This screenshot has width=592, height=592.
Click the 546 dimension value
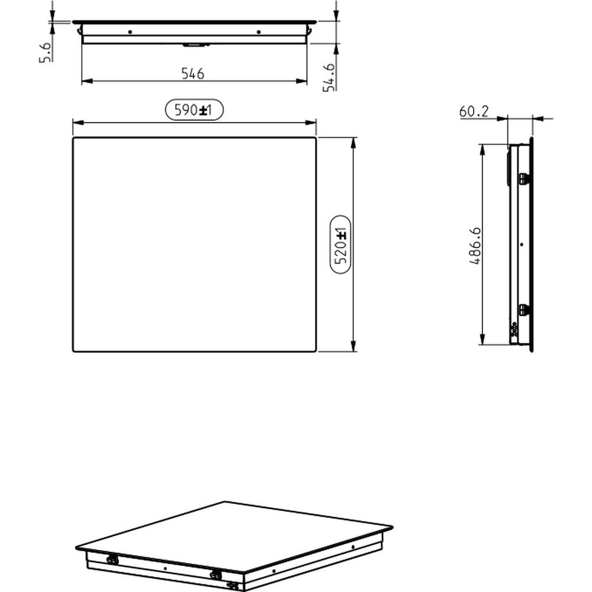click(x=192, y=73)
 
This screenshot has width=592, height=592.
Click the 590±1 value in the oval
click(x=193, y=110)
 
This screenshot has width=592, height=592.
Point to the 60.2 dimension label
click(x=474, y=111)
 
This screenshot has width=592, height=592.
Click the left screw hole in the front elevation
click(x=130, y=31)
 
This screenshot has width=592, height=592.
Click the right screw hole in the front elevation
click(x=258, y=31)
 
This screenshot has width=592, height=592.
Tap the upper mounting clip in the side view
click(x=523, y=178)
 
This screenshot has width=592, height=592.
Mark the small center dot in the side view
click(x=521, y=244)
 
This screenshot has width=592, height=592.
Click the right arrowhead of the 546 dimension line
click(x=303, y=81)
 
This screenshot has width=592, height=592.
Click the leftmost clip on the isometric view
click(x=111, y=558)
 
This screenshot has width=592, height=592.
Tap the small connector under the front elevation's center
click(x=193, y=44)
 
